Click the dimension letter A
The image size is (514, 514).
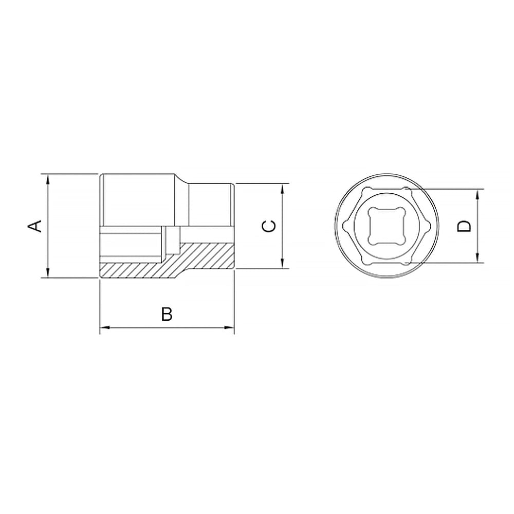[35, 226]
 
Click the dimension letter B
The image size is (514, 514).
[167, 314]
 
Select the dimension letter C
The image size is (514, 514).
[269, 226]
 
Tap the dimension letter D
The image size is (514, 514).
[464, 226]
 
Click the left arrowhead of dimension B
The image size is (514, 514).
[105, 327]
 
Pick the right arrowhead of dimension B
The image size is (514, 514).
[229, 327]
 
